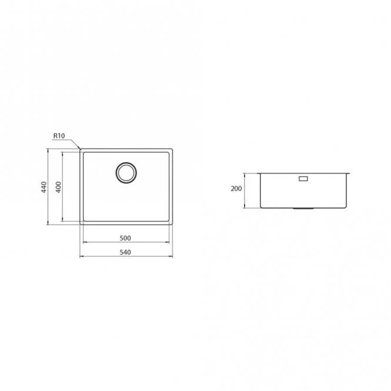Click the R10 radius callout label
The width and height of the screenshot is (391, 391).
click(59, 136)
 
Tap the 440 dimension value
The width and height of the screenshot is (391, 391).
click(44, 187)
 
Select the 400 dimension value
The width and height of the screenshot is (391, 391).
click(58, 187)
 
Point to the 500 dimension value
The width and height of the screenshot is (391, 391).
click(125, 238)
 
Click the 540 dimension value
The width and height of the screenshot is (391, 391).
click(125, 252)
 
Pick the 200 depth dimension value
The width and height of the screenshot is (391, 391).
click(236, 189)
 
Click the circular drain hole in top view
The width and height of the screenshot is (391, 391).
click(126, 173)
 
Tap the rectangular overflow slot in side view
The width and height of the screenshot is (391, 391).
click(303, 179)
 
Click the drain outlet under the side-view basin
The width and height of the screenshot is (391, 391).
click(303, 208)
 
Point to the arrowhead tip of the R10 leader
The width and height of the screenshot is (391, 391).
click(80, 149)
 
